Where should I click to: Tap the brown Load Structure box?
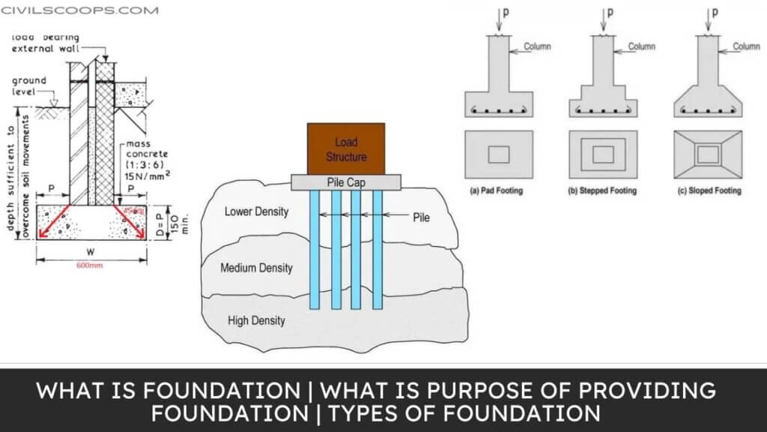[346, 149]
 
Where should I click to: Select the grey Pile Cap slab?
[346, 182]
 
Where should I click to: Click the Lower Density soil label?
[256, 211]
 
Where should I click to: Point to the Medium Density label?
[256, 268]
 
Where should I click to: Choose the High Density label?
[256, 321]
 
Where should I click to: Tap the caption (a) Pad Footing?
[496, 191]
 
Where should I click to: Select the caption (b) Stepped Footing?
[602, 191]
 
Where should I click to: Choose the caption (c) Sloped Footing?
[708, 191]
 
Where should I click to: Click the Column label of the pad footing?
[537, 46]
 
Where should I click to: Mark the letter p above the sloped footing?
[713, 13]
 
